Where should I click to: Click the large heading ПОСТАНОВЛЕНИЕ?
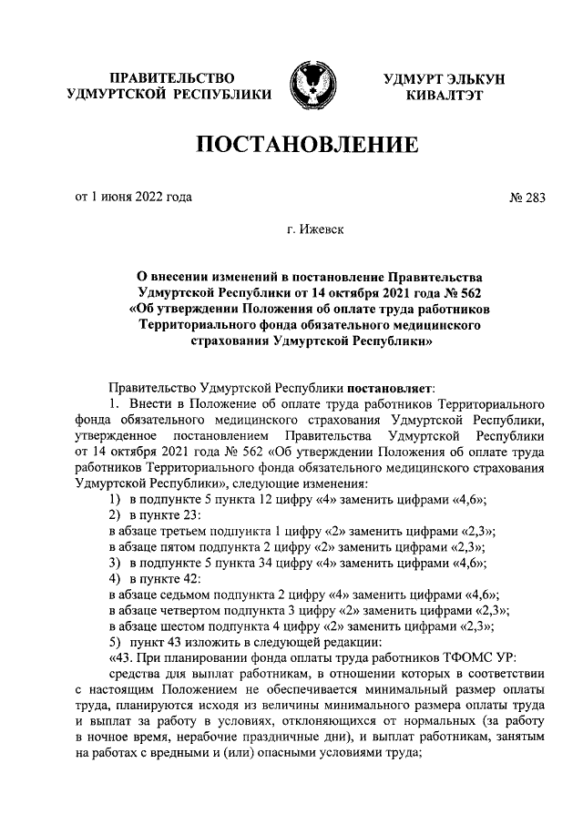pos(309,145)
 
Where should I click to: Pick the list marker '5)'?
pos(116,643)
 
